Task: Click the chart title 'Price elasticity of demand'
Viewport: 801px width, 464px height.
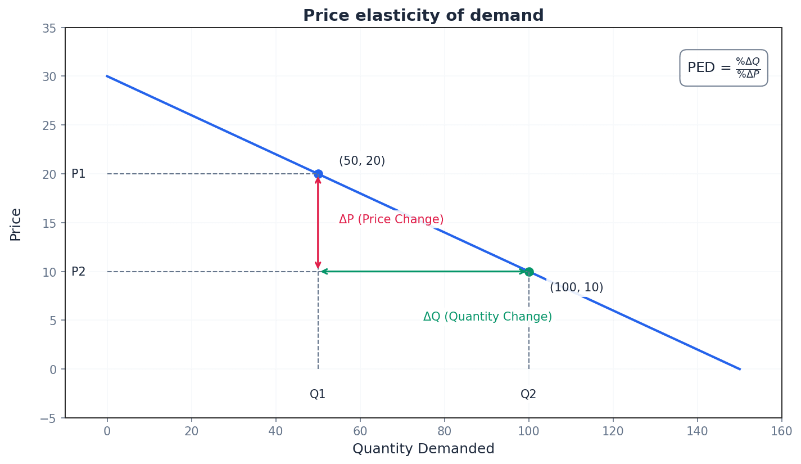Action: click(x=423, y=16)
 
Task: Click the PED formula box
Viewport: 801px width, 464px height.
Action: click(x=723, y=68)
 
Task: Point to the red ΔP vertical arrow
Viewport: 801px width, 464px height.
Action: click(x=318, y=223)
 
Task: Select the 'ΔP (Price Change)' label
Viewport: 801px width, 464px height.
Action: click(x=391, y=220)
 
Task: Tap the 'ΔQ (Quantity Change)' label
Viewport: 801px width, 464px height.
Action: click(x=487, y=317)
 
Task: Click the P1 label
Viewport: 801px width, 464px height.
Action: click(x=79, y=174)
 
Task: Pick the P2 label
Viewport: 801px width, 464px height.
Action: click(x=79, y=272)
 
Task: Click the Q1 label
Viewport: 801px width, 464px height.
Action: click(x=318, y=394)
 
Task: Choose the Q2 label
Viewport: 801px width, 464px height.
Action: click(x=528, y=394)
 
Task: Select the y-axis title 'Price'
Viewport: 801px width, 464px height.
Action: click(x=16, y=224)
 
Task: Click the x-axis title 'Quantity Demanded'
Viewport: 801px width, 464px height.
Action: click(x=423, y=449)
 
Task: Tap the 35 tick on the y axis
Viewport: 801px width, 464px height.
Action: click(x=49, y=28)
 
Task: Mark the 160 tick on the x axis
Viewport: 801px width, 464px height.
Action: click(x=781, y=431)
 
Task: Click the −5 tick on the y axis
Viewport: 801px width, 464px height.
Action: click(x=48, y=418)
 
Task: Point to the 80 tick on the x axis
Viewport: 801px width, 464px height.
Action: click(x=444, y=431)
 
